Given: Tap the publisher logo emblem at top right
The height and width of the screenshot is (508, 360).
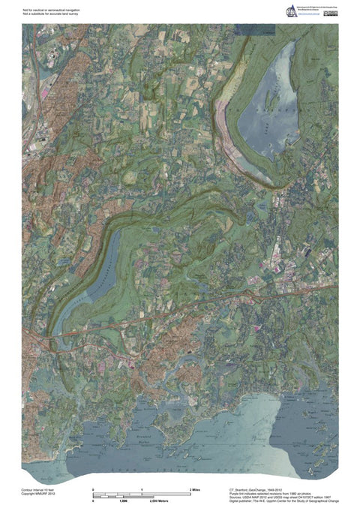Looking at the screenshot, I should tap(291, 10).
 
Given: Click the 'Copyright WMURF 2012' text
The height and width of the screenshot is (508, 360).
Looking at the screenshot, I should tap(39, 493).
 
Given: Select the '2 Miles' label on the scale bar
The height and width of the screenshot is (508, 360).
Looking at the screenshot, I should tap(194, 489).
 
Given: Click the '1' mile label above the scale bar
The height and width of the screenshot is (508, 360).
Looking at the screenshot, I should tap(142, 489).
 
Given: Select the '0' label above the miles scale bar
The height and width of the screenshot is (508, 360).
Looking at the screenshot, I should tap(93, 489).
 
